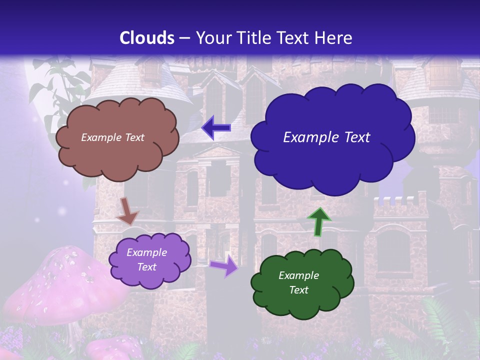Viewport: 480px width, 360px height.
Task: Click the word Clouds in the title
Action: pyautogui.click(x=146, y=38)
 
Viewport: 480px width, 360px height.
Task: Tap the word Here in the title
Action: pyautogui.click(x=334, y=38)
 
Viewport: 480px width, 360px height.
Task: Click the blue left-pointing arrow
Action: pyautogui.click(x=216, y=128)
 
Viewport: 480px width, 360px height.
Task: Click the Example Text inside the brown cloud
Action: pyautogui.click(x=112, y=137)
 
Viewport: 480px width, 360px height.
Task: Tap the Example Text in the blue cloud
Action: pyautogui.click(x=326, y=137)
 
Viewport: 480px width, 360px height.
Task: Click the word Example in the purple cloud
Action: pyautogui.click(x=146, y=252)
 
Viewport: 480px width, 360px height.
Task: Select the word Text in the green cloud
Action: pyautogui.click(x=299, y=290)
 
